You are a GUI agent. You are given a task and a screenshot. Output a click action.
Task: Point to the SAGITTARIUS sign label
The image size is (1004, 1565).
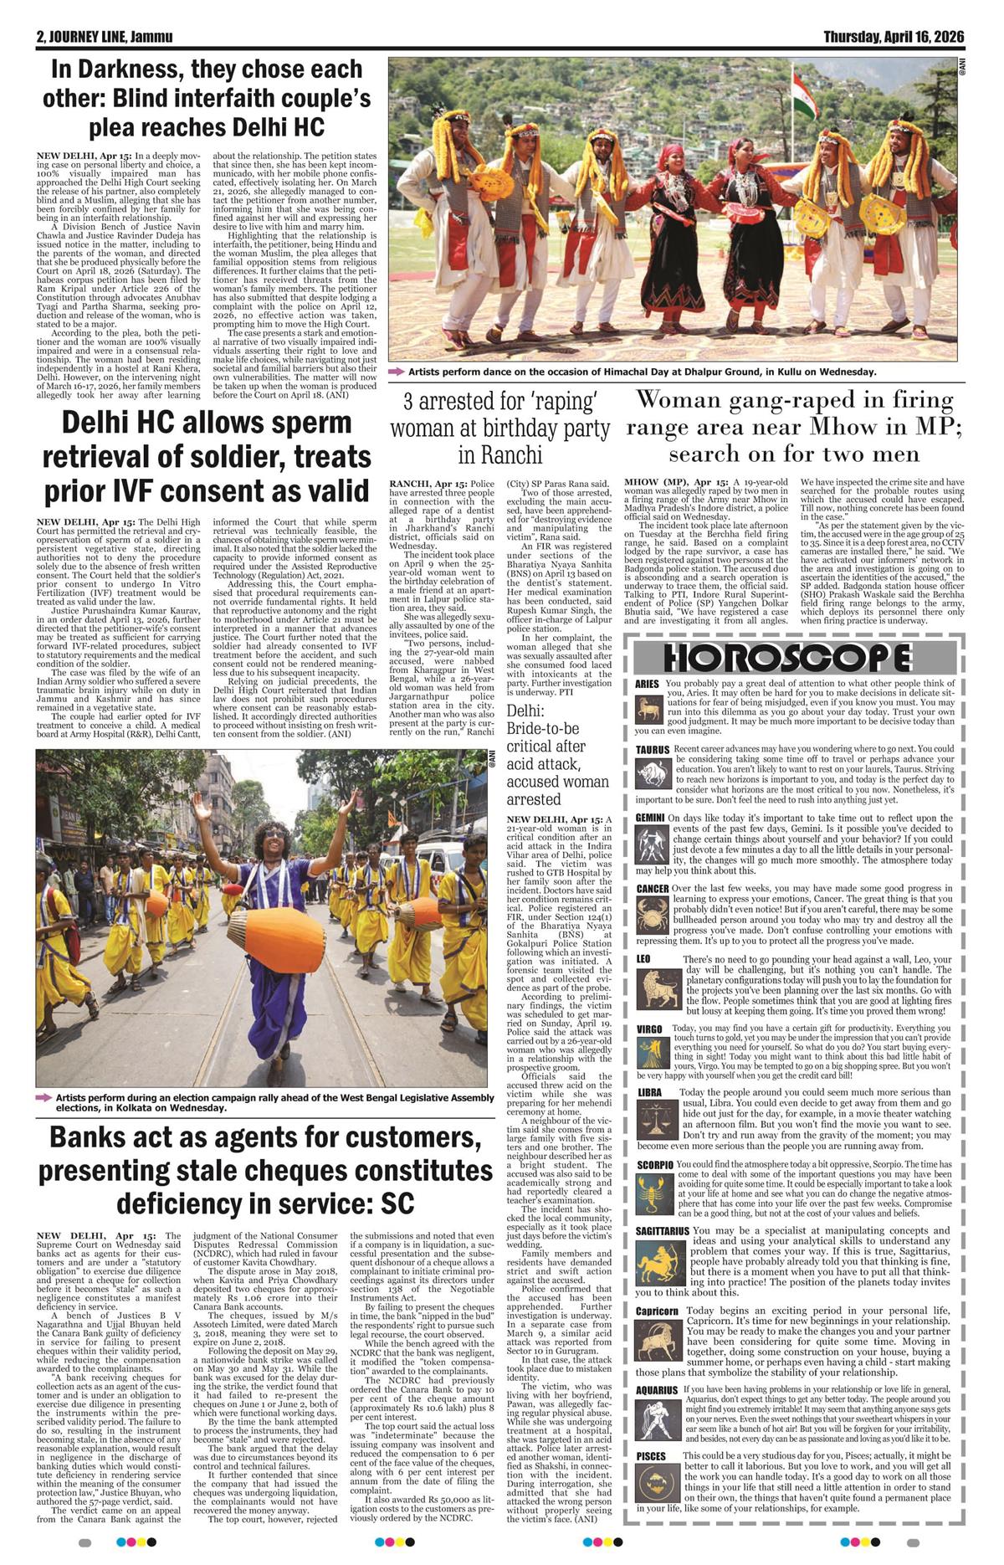coord(662,1231)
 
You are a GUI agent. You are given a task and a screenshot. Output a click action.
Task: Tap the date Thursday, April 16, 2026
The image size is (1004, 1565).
coord(894,37)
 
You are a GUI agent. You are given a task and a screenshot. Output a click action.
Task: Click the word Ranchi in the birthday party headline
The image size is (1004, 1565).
coord(501,454)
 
